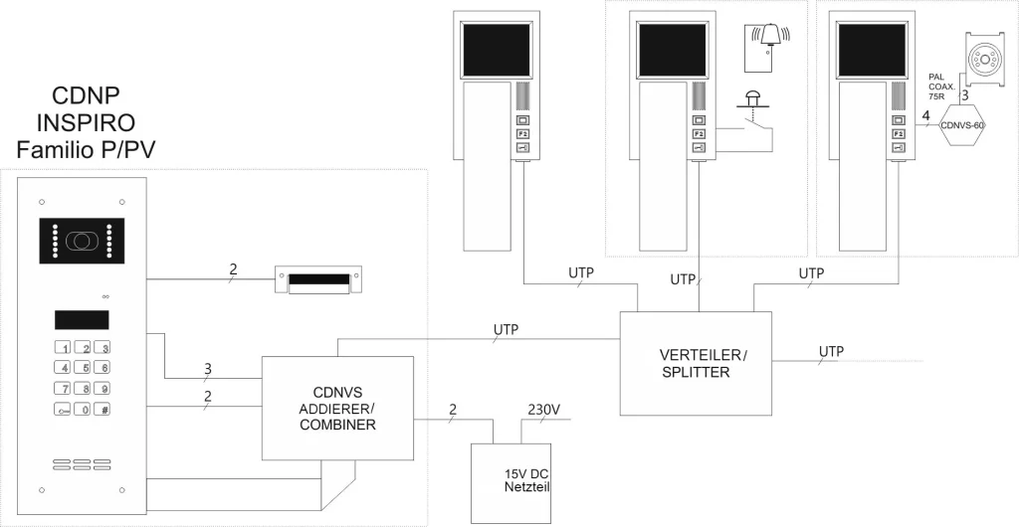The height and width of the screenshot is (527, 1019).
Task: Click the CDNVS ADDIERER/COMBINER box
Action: click(337, 408)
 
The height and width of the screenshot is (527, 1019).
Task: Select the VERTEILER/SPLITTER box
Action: click(696, 363)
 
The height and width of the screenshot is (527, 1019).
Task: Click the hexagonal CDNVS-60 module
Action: click(961, 124)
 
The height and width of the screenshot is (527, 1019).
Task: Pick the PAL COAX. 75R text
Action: click(941, 87)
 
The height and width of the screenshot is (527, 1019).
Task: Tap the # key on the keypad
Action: click(104, 409)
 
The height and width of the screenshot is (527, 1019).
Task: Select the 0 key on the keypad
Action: click(86, 409)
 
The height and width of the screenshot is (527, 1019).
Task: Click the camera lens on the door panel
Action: click(79, 242)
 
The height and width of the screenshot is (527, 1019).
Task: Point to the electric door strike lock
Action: click(317, 280)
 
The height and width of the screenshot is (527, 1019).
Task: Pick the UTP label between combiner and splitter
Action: click(505, 329)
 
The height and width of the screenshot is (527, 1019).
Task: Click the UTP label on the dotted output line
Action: click(831, 352)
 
